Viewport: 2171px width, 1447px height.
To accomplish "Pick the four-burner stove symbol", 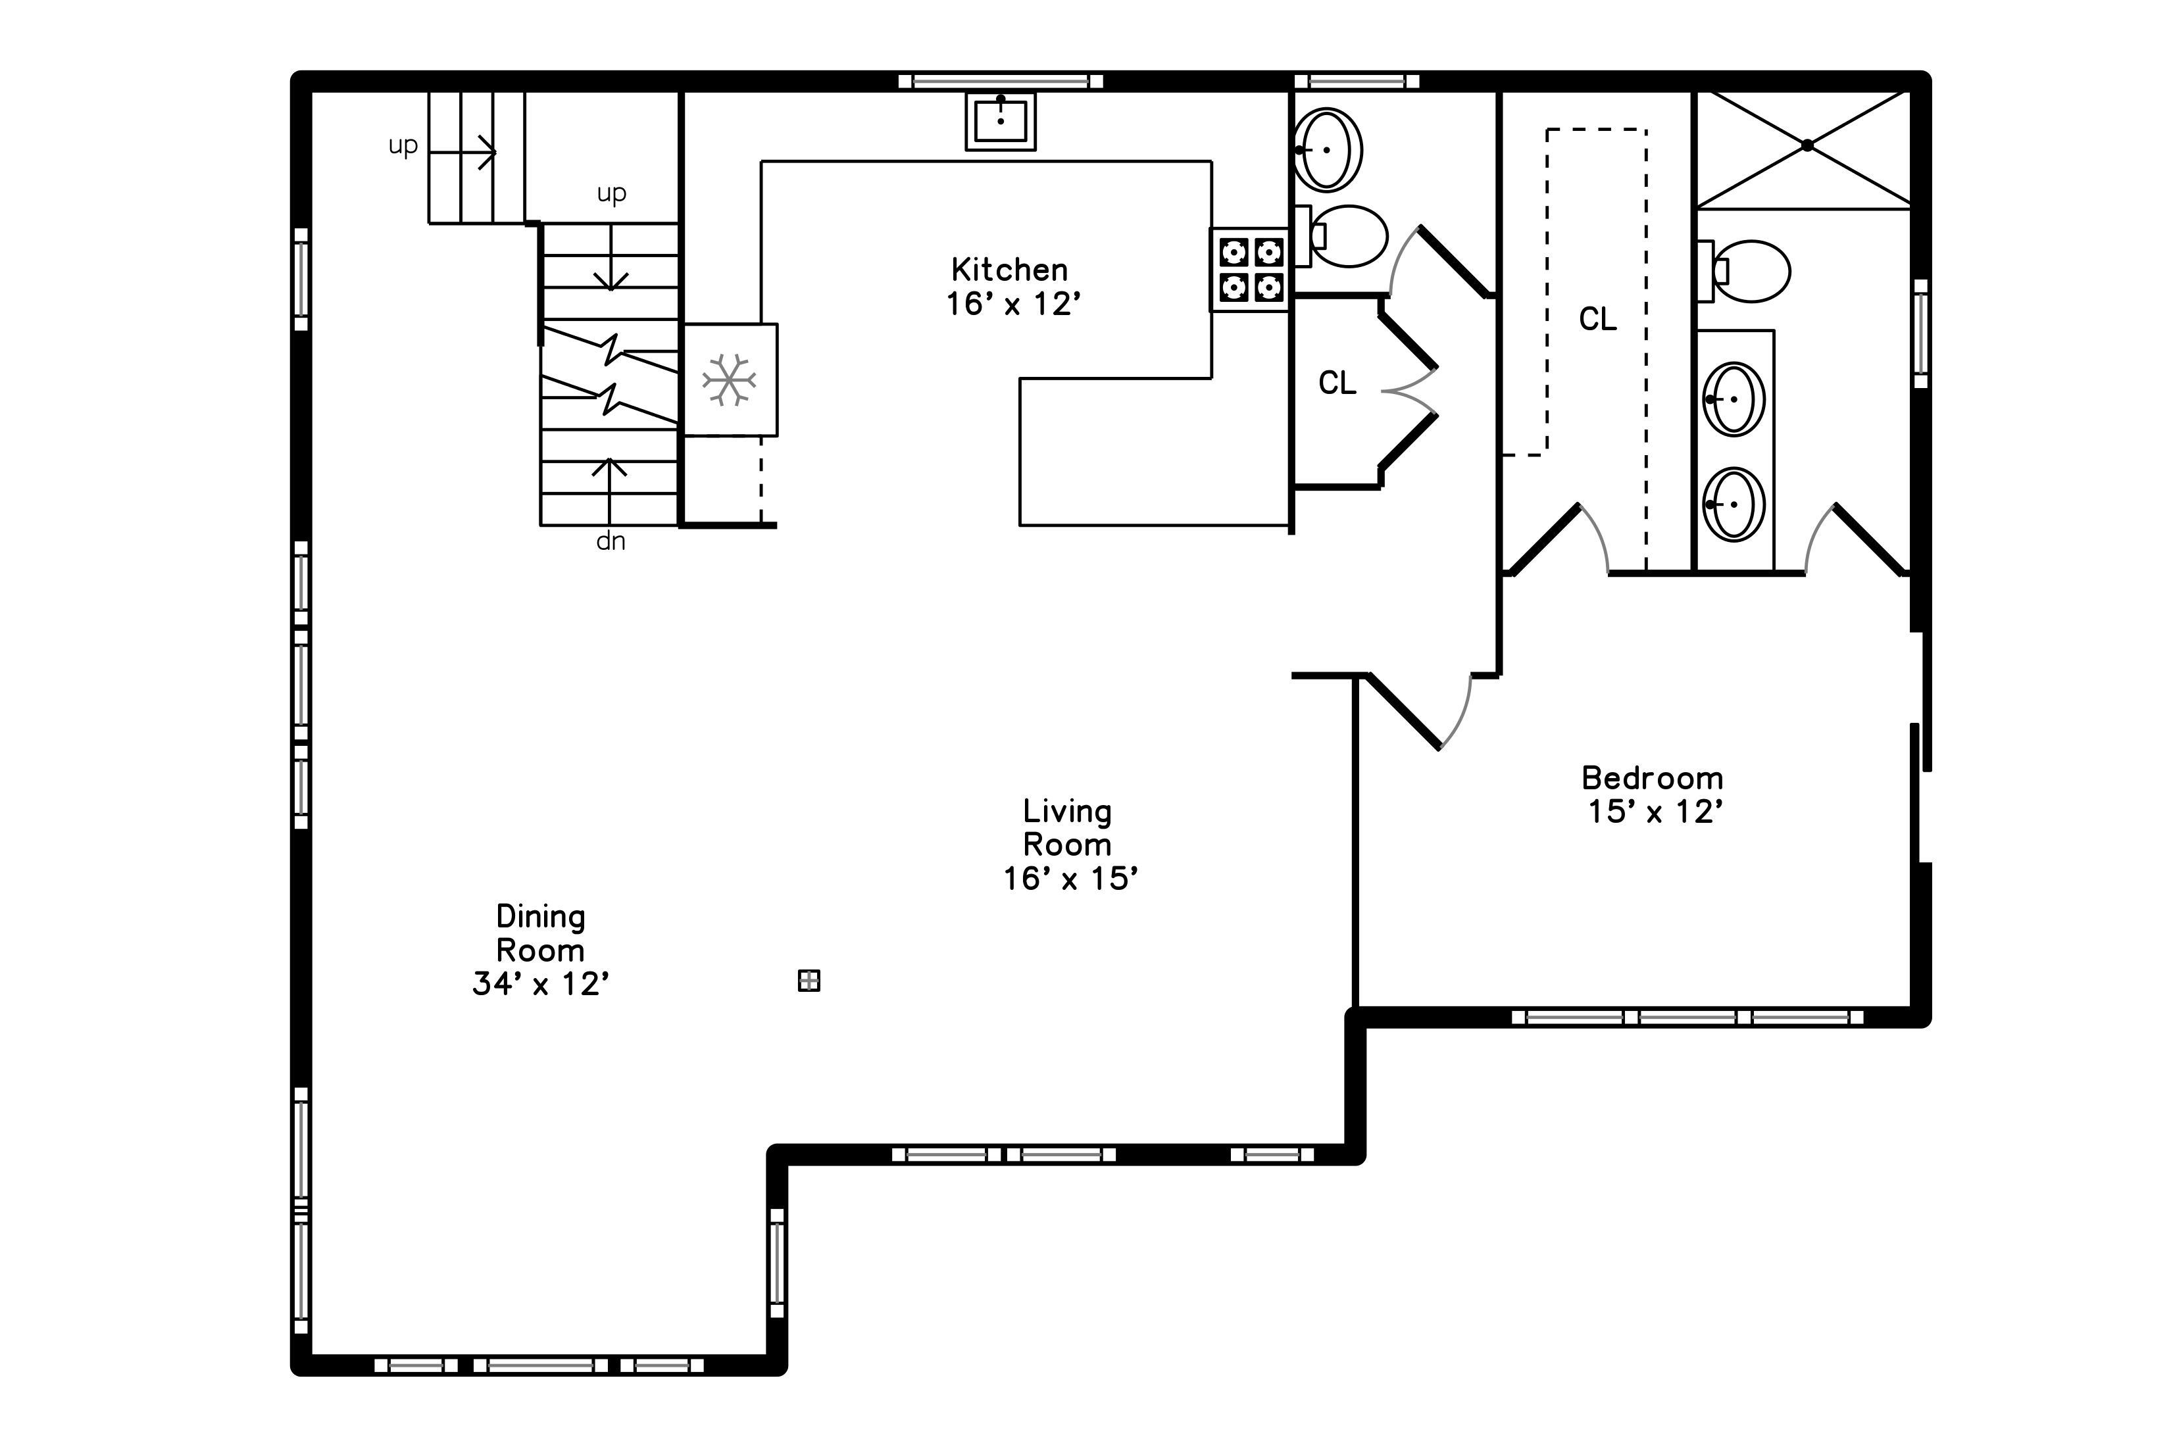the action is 1251,270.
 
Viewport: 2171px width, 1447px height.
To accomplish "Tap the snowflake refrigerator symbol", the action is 729,380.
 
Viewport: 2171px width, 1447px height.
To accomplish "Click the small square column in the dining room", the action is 809,981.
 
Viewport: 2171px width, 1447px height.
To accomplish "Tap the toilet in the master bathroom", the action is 1743,271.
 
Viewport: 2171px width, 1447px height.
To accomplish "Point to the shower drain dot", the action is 1807,146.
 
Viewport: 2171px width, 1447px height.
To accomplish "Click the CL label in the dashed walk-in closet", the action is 1598,319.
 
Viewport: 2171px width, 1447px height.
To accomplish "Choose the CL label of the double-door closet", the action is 1337,383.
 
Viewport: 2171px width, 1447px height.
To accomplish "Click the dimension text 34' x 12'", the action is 541,985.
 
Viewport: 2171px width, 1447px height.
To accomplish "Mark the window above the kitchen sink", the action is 1001,81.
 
